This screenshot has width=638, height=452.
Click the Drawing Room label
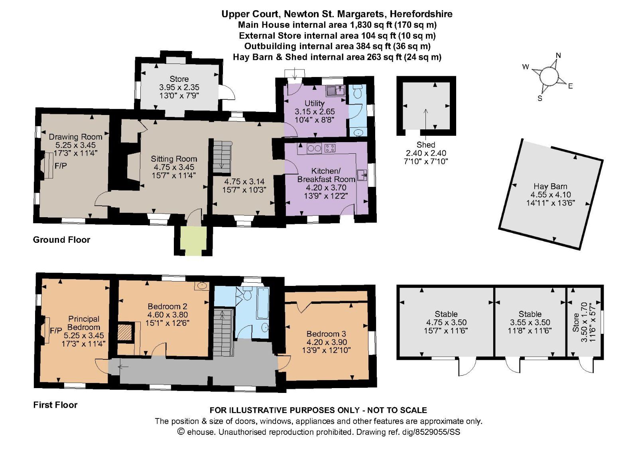pos(75,137)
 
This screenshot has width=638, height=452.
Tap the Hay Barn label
pos(550,186)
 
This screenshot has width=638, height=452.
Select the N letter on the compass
pos(558,56)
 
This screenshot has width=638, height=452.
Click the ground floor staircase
pos(222,157)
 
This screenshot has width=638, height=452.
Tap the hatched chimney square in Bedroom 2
pos(125,331)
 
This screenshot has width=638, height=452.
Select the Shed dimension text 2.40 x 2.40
pos(426,153)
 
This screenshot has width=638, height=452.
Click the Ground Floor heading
pos(61,240)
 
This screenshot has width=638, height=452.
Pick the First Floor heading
pos(55,405)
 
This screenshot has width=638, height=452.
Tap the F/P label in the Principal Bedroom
pos(56,331)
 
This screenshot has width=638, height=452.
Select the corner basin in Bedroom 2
pos(202,285)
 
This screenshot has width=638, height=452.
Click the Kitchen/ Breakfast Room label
pos(326,175)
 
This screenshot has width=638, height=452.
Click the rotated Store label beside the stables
pos(576,323)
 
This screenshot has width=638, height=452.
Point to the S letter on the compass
pos(540,99)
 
